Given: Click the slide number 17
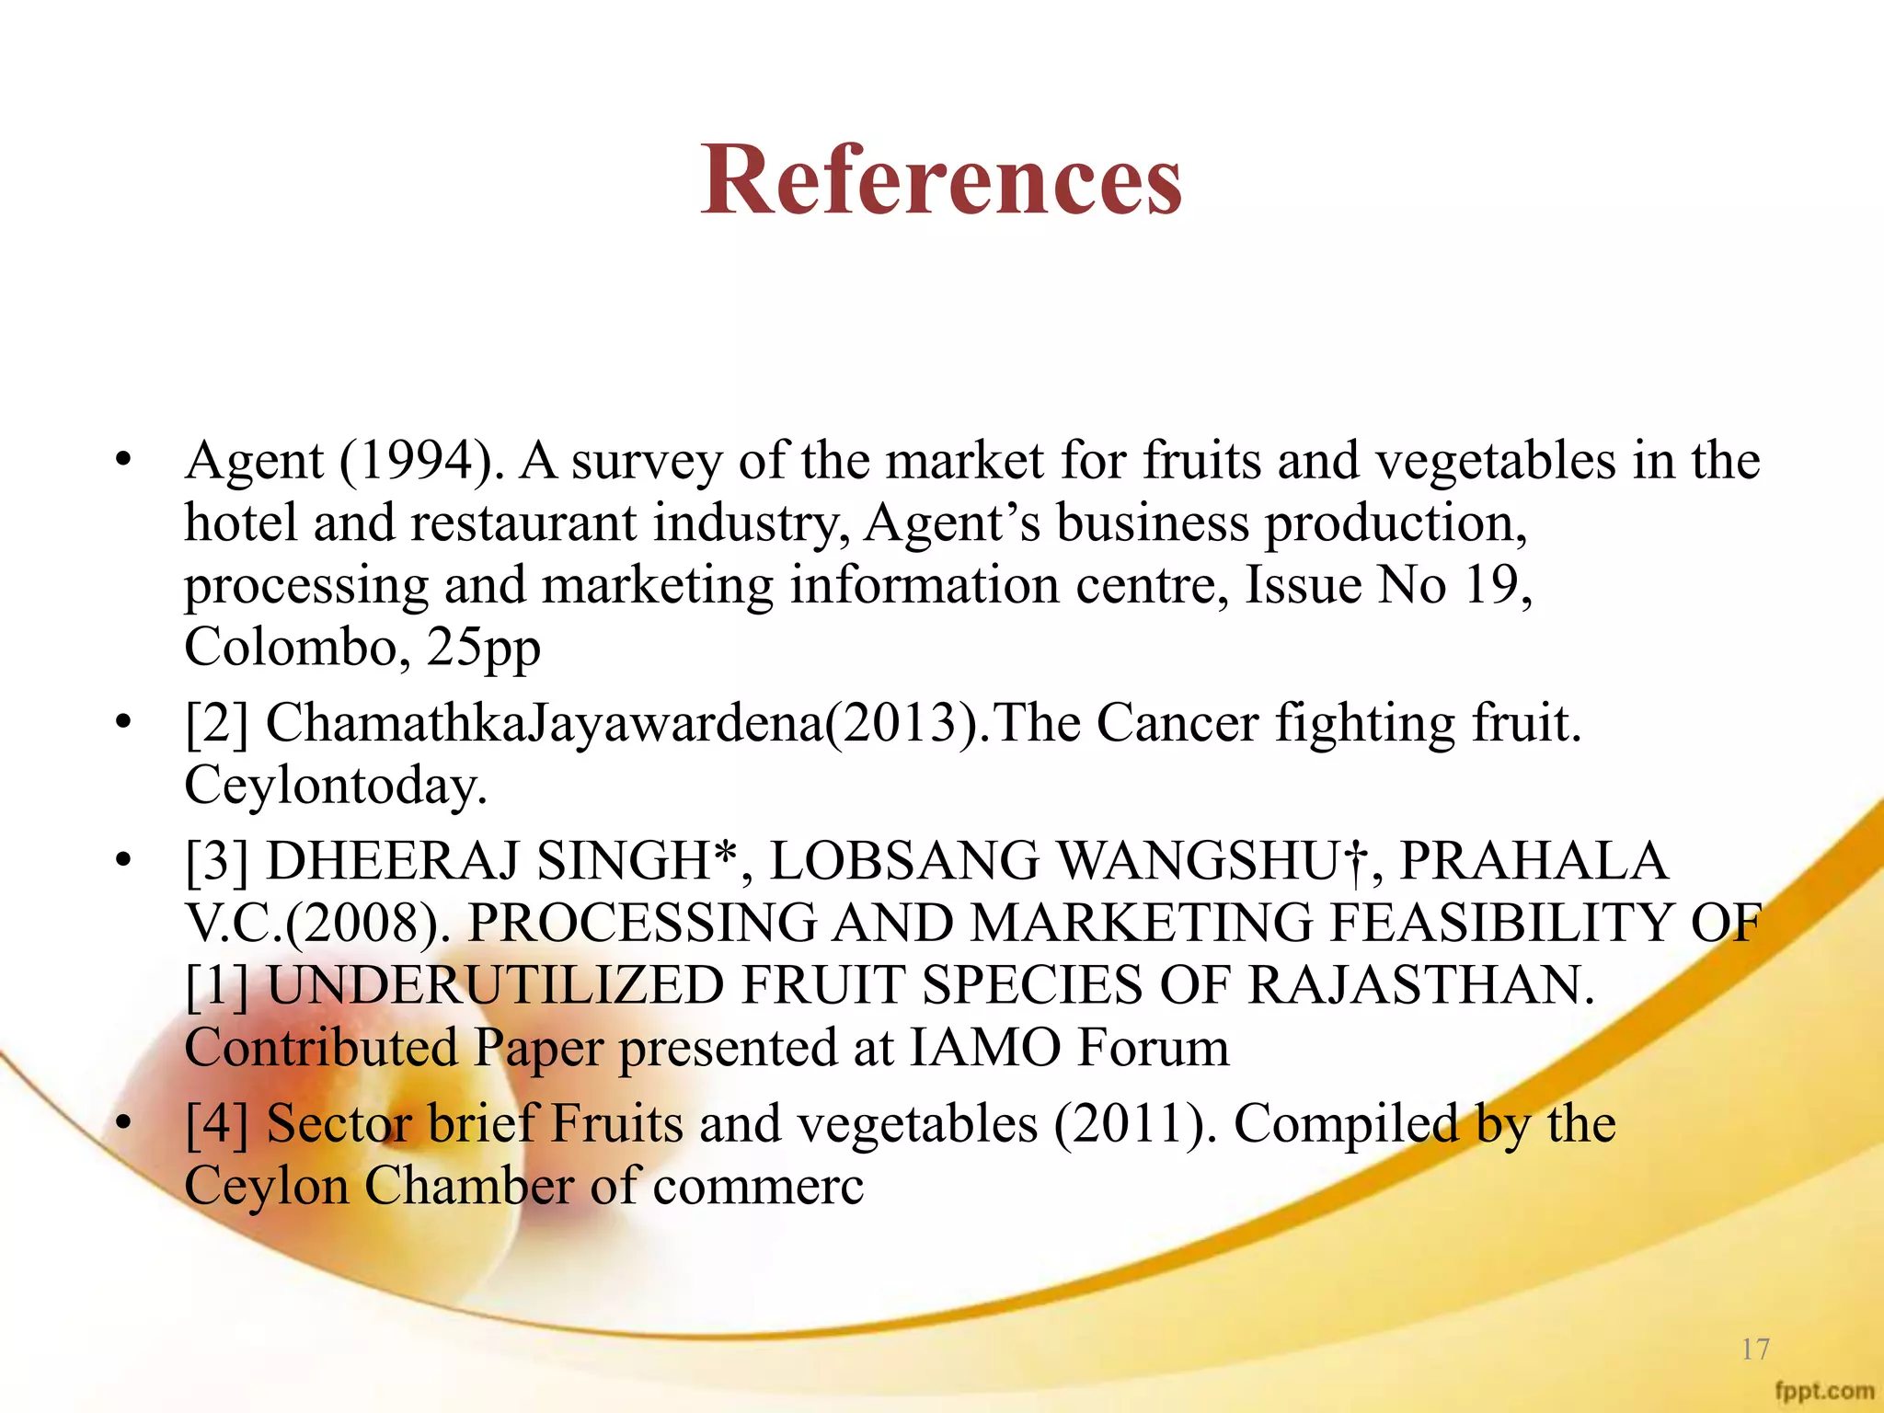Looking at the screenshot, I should (x=1755, y=1350).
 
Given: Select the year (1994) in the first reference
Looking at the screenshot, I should (x=421, y=461).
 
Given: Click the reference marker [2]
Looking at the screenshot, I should (x=217, y=723).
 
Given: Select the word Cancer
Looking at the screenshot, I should (x=1177, y=723).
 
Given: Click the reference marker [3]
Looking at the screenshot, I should (x=217, y=862).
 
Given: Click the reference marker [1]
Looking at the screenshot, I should (x=217, y=986).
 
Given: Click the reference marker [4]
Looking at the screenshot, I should (x=217, y=1125).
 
